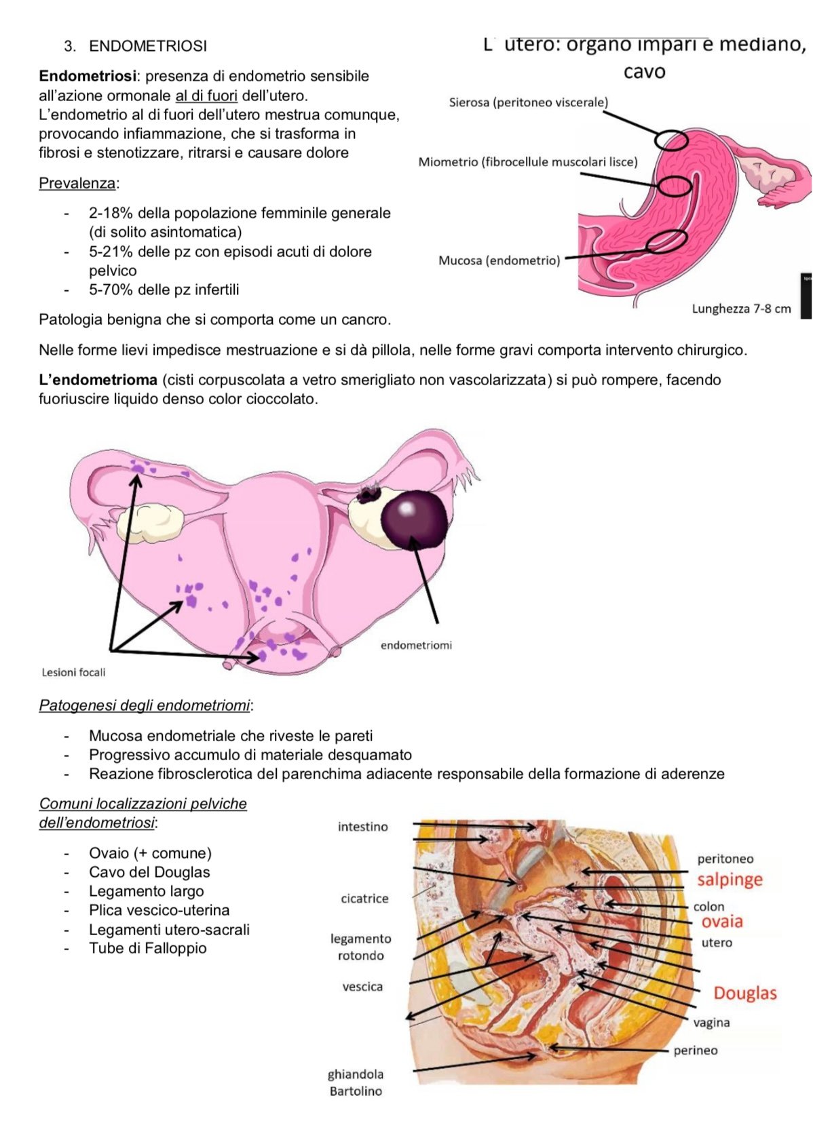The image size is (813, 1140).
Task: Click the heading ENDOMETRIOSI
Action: [x=148, y=46]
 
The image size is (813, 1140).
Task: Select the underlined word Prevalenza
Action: [x=77, y=183]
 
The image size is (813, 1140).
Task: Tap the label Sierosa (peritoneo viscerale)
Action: [x=528, y=103]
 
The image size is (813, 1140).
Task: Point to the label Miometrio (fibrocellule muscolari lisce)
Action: [x=528, y=162]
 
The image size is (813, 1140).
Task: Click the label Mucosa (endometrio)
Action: [x=499, y=261]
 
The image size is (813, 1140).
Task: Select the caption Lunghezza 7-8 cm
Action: [x=741, y=309]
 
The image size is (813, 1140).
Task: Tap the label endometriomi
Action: [x=416, y=646]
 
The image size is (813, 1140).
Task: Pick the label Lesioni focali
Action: [x=73, y=672]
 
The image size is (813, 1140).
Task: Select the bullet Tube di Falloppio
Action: [x=148, y=949]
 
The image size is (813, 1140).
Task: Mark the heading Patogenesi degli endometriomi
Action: [x=145, y=706]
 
